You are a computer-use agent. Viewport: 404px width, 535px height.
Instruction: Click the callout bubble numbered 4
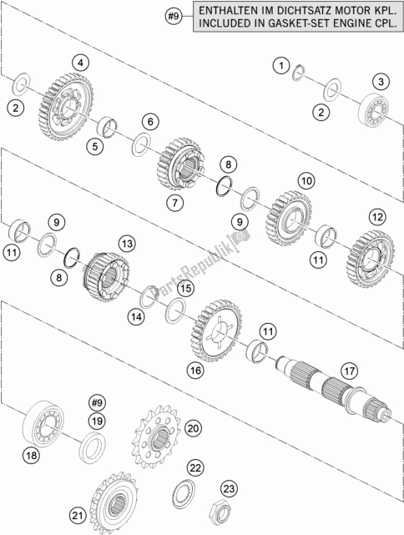[x=80, y=63]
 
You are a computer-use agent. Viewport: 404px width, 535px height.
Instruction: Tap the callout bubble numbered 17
[x=349, y=371]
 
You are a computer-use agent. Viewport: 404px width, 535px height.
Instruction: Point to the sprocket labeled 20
[x=156, y=437]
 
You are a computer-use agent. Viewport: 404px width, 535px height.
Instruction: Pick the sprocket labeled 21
[x=114, y=503]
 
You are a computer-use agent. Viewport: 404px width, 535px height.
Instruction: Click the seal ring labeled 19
[x=93, y=447]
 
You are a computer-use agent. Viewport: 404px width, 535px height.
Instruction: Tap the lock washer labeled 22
[x=184, y=492]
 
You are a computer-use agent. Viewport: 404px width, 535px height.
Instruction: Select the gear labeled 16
[x=217, y=331]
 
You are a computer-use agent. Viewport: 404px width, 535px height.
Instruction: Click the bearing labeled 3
[x=372, y=109]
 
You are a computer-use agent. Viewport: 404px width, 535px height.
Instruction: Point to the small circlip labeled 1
[x=299, y=73]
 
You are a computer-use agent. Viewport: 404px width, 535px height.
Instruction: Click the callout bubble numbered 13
[x=127, y=244]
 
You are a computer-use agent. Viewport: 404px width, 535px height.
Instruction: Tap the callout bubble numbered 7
[x=175, y=203]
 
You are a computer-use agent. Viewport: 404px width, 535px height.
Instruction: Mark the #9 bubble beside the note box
[x=174, y=16]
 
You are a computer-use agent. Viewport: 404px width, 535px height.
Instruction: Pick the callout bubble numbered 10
[x=306, y=180]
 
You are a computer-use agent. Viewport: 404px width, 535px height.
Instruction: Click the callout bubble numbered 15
[x=185, y=289]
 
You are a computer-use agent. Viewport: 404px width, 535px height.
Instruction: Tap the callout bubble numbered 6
[x=150, y=122]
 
